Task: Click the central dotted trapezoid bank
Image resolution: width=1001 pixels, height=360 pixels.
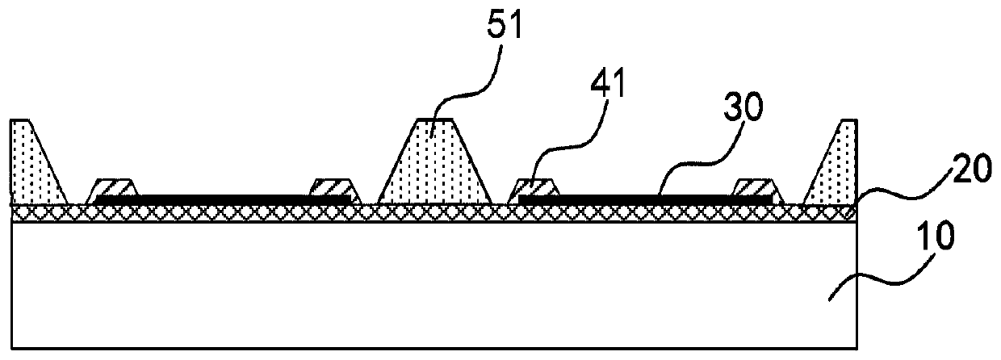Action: (436, 165)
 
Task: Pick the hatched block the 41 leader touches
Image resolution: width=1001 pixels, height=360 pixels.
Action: (535, 187)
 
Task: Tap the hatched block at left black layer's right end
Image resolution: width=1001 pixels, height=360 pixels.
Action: (331, 187)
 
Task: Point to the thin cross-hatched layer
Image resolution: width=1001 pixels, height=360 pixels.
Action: (436, 211)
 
